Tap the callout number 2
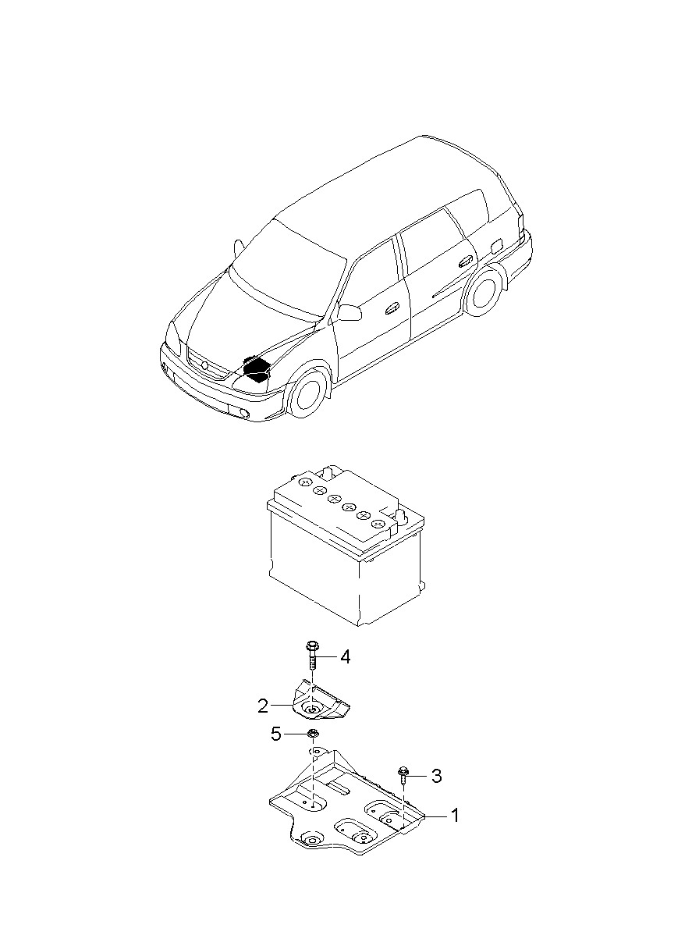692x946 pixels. click(263, 706)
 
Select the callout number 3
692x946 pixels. click(436, 776)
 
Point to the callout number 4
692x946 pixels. click(344, 656)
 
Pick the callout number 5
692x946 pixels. click(275, 734)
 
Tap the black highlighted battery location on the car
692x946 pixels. click(256, 368)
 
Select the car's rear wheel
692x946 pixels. click(484, 289)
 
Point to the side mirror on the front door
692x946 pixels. click(350, 312)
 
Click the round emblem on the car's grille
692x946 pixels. click(204, 365)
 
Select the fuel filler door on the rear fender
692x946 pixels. click(493, 243)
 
